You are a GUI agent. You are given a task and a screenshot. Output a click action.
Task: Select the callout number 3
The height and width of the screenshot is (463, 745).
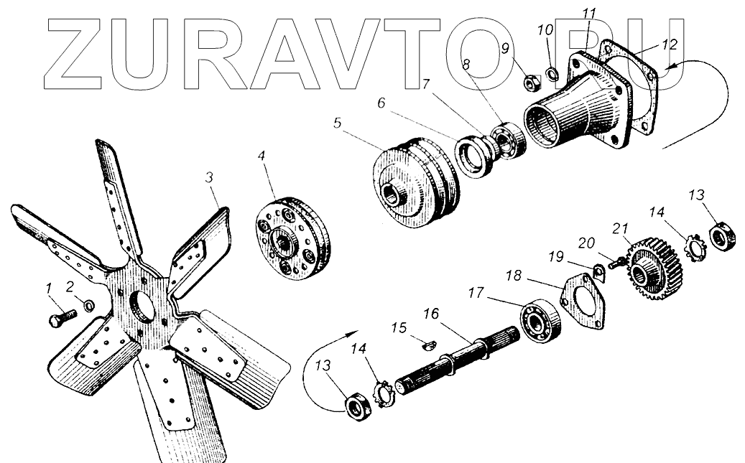pyautogui.click(x=210, y=176)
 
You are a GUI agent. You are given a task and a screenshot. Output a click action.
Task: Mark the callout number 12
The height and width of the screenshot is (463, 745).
pyautogui.click(x=669, y=43)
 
